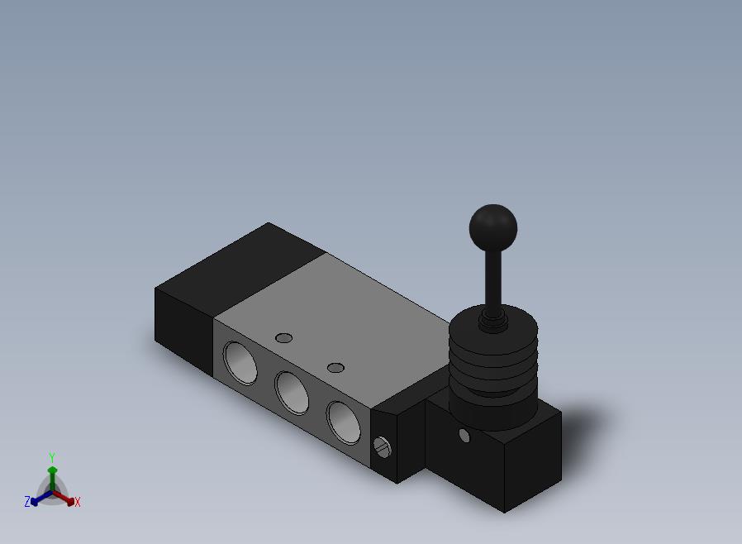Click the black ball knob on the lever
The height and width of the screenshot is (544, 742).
[493, 227]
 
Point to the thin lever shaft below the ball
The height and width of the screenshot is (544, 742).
[493, 279]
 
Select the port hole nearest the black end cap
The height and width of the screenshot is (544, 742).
[241, 363]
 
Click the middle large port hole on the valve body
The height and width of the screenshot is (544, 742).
[292, 393]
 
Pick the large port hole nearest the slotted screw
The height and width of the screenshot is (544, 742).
[344, 422]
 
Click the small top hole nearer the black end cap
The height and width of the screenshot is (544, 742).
[284, 338]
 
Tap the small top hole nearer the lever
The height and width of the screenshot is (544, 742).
[335, 368]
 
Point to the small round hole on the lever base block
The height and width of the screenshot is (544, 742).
[464, 436]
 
